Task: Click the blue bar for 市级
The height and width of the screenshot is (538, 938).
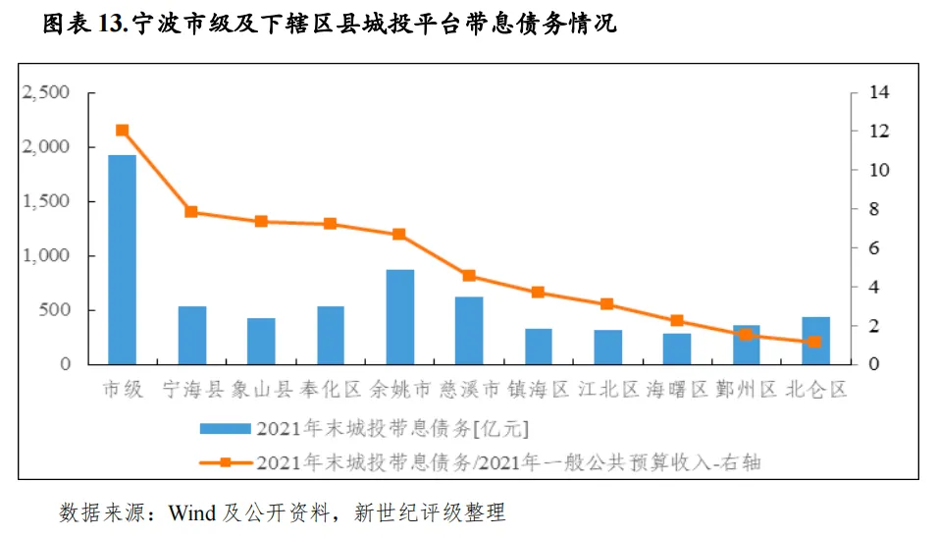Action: (x=122, y=259)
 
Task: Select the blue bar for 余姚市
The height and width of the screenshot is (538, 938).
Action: (x=400, y=316)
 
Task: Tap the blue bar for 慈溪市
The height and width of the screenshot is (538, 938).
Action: (x=469, y=330)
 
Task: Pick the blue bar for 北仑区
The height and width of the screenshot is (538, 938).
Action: (x=815, y=341)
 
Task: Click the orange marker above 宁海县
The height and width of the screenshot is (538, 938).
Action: (x=191, y=212)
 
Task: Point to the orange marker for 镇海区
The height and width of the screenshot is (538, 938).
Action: (x=538, y=292)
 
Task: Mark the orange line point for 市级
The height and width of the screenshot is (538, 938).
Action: (x=122, y=131)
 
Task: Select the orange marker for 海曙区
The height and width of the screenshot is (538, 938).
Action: (x=677, y=321)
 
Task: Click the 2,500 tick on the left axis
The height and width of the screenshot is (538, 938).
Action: (x=46, y=92)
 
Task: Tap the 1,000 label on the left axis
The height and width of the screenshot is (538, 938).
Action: (x=46, y=255)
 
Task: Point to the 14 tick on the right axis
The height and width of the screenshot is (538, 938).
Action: (x=879, y=92)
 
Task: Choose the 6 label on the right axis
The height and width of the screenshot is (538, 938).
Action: (x=874, y=247)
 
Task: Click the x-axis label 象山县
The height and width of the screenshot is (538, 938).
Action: (x=261, y=390)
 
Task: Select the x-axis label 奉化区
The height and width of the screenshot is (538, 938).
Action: (x=331, y=390)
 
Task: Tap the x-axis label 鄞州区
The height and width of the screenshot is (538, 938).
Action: (x=746, y=390)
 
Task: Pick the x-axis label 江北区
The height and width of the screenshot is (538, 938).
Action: (x=607, y=390)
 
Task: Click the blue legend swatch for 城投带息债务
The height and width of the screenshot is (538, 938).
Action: (x=225, y=428)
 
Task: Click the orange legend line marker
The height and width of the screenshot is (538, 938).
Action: (x=225, y=462)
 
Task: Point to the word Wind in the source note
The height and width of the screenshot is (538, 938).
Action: (x=192, y=512)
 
